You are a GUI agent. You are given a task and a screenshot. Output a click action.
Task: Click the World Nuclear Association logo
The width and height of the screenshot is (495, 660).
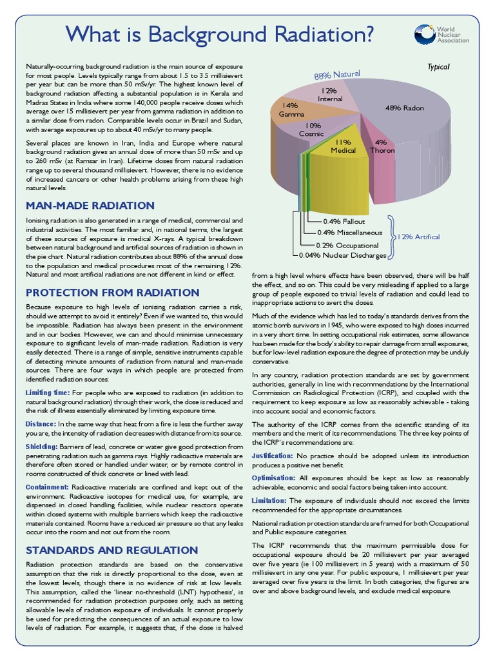click(x=442, y=34)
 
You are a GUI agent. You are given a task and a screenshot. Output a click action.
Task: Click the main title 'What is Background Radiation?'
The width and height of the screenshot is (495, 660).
click(x=220, y=34)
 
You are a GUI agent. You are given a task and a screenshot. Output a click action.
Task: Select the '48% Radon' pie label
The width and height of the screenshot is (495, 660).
click(x=404, y=108)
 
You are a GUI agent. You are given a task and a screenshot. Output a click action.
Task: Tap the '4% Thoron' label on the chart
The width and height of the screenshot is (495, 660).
click(x=382, y=146)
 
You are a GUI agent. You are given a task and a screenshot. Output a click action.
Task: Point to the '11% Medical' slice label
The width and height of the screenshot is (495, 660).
click(x=343, y=146)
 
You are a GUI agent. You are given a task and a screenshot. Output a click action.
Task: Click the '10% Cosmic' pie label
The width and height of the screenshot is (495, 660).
click(x=313, y=130)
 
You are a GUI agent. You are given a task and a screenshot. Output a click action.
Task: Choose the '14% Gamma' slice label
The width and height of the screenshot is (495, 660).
click(x=291, y=110)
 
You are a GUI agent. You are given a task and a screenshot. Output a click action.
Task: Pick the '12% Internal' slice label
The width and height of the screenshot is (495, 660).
click(x=330, y=95)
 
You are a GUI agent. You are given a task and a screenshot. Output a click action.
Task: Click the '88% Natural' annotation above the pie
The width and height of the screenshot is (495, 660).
click(x=337, y=75)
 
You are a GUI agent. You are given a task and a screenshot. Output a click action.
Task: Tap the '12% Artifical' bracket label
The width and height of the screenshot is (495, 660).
click(x=419, y=237)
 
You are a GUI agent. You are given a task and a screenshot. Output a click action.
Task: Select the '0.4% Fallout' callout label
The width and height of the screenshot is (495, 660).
click(x=344, y=221)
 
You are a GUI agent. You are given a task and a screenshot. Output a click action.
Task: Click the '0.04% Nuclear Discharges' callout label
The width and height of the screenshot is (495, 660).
click(x=342, y=255)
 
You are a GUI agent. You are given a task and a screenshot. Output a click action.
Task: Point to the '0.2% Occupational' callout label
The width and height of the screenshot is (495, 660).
click(x=347, y=245)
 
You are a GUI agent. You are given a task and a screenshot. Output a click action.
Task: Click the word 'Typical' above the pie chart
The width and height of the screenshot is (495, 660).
click(x=438, y=66)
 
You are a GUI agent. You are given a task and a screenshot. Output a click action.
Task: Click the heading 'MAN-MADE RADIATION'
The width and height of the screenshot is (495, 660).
click(x=90, y=206)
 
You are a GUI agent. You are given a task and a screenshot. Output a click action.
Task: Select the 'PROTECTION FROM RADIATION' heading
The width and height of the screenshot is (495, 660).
click(x=112, y=291)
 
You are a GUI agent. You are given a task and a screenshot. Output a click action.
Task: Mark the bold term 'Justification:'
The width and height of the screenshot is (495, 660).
click(x=272, y=456)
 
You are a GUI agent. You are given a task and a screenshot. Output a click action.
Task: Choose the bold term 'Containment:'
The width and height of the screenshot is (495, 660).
click(x=46, y=487)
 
